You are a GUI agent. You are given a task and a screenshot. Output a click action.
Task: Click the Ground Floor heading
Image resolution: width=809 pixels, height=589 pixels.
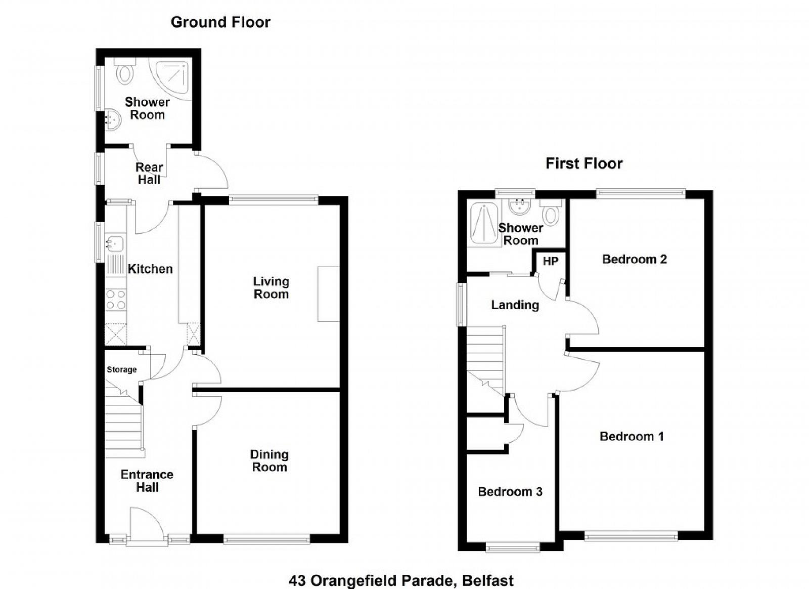tap(220, 22)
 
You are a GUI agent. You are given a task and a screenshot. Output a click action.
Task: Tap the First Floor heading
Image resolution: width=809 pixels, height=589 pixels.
tap(584, 163)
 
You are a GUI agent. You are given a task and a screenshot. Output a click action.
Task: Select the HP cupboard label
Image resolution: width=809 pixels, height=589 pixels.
tap(551, 261)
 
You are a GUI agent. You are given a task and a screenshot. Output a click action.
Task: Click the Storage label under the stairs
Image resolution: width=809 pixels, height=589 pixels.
tap(122, 370)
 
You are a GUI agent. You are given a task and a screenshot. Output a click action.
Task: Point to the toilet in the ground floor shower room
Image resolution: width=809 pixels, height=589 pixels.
tap(124, 71)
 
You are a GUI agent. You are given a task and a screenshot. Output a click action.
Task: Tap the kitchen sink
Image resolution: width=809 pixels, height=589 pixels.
tap(115, 243)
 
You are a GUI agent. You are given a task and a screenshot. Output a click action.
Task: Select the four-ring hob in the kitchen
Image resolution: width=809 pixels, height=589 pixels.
tap(116, 300)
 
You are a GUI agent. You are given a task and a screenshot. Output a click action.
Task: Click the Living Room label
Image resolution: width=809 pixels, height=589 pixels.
tap(271, 287)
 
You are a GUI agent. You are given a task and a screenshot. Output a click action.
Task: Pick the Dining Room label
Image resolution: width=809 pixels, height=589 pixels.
tap(269, 460)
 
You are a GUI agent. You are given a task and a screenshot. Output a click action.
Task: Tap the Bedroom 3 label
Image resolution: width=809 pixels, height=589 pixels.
tap(510, 491)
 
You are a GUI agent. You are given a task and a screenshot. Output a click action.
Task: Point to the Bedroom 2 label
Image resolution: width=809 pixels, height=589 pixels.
tap(634, 259)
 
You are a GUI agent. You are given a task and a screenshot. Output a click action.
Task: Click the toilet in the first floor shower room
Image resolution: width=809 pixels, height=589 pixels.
tap(551, 213)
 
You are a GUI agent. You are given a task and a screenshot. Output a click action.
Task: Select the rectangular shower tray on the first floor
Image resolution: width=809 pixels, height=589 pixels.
tap(484, 224)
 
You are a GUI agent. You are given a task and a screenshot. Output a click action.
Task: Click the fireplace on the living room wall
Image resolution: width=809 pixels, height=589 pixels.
tap(328, 294)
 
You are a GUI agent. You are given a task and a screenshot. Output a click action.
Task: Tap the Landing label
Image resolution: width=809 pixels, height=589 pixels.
tap(515, 305)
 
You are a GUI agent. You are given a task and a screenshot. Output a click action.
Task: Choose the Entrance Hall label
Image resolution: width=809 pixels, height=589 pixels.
tap(147, 481)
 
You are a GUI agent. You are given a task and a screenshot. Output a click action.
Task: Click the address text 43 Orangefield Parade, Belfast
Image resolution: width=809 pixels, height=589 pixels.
tap(401, 581)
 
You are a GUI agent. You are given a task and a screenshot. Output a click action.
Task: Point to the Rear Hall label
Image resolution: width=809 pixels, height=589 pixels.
tap(149, 174)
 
